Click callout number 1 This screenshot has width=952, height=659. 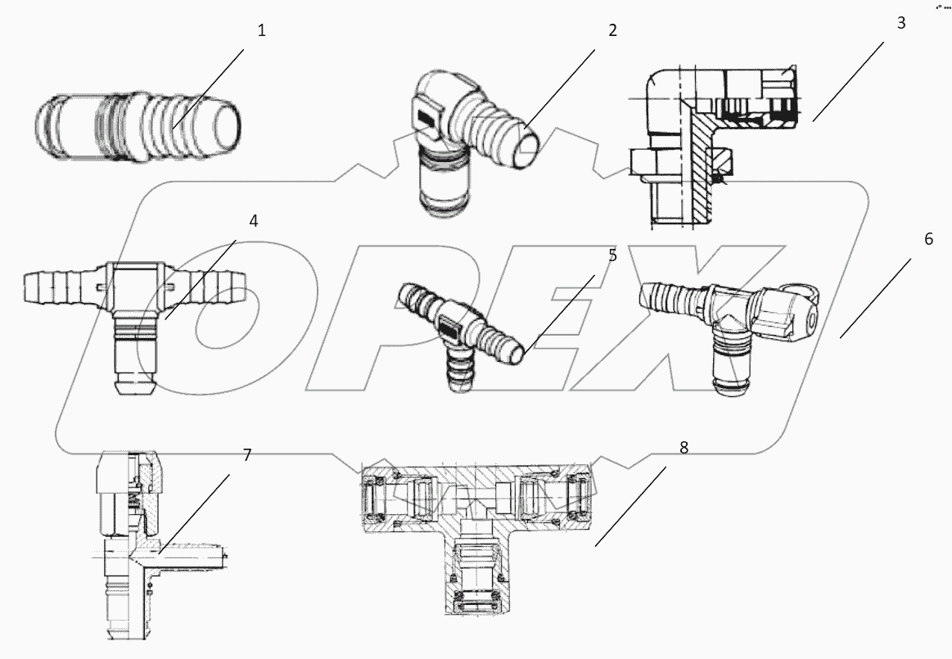pyautogui.click(x=262, y=31)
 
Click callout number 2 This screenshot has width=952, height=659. pyautogui.click(x=612, y=31)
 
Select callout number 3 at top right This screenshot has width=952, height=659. pyautogui.click(x=901, y=23)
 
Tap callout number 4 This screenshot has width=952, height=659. pyautogui.click(x=254, y=221)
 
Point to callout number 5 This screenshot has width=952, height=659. pyautogui.click(x=612, y=255)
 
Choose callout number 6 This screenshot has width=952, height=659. pyautogui.click(x=928, y=239)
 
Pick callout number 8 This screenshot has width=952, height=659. pyautogui.click(x=684, y=447)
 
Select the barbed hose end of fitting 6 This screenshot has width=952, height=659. pyautogui.click(x=667, y=297)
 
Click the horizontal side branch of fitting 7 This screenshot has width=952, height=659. pyautogui.click(x=196, y=560)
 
